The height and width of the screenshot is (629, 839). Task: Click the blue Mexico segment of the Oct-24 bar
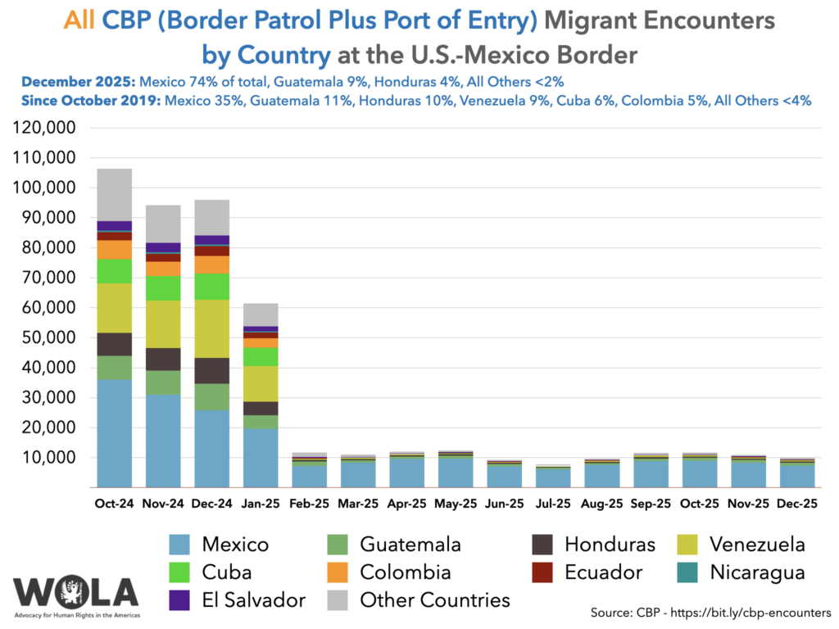pos(114,433)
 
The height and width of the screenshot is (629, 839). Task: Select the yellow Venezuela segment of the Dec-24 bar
pos(211,328)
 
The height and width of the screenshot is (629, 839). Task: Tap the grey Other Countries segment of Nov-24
pos(163,223)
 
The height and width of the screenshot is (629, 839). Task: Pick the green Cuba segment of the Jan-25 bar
pos(261,356)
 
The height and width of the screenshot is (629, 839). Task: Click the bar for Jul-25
pos(553,477)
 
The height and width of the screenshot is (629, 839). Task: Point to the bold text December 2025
pos(79,82)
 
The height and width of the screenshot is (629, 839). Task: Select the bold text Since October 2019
pos(91,102)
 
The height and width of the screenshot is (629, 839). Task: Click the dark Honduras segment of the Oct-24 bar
pos(114,344)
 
